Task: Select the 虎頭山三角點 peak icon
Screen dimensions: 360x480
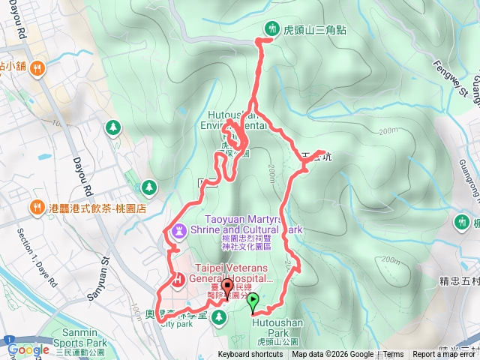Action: (x=271, y=29)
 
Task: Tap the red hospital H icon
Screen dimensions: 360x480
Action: (x=179, y=281)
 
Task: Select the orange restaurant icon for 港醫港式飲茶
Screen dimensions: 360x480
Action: (x=35, y=207)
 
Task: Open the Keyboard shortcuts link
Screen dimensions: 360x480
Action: (x=250, y=355)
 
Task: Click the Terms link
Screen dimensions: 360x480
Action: (x=393, y=355)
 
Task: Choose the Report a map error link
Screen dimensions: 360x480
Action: (x=444, y=355)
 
